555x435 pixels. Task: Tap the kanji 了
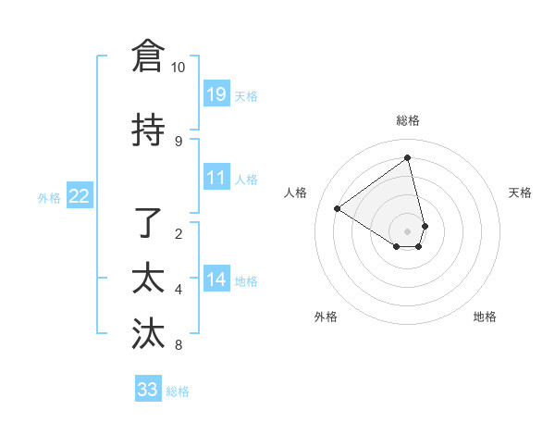pos(148,223)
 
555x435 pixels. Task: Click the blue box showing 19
pos(216,93)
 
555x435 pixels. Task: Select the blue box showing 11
pos(216,178)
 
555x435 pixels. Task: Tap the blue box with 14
pos(216,280)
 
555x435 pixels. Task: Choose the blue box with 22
pos(80,195)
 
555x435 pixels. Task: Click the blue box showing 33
pos(148,390)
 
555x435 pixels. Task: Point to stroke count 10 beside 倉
pos(178,68)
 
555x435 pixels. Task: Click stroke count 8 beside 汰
pos(178,346)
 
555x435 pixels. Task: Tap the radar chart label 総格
pos(408,120)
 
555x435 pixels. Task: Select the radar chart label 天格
pos(520,193)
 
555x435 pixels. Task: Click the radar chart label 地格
pos(485,317)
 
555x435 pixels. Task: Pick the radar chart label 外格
pos(326,317)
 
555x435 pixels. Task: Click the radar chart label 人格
pos(296,193)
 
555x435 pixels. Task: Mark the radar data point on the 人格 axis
pos(338,208)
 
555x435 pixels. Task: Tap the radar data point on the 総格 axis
pos(408,158)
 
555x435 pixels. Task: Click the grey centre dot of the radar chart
pos(408,230)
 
